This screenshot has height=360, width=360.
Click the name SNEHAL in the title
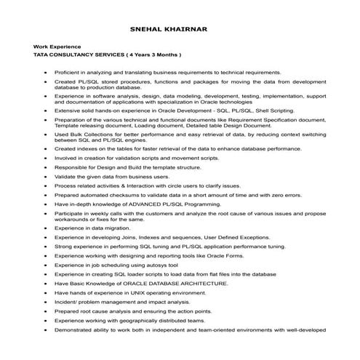click(155, 31)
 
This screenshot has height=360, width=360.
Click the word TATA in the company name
click(32, 55)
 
